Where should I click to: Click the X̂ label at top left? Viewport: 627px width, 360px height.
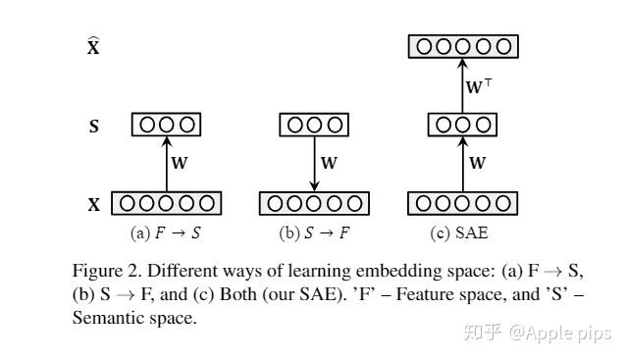pos(93,46)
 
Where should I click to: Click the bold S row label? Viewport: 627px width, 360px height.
pos(94,127)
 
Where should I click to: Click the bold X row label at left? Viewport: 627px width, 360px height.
pos(94,205)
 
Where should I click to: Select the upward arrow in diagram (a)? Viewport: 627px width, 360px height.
pos(166,164)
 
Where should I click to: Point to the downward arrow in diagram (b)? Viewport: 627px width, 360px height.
pos(314,164)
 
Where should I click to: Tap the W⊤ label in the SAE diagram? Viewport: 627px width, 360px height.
pos(479,86)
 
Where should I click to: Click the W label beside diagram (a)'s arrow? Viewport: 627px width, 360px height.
pos(180,164)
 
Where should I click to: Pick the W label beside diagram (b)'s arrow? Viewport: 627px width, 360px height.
pos(329,164)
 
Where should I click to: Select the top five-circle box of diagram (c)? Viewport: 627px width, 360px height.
pos(462,46)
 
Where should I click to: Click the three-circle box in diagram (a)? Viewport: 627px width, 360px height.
pos(166,126)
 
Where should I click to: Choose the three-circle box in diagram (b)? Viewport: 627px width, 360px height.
pos(314,126)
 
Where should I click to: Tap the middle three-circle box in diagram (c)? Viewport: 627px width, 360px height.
pos(462,126)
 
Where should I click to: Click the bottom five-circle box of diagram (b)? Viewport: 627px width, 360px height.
pos(314,204)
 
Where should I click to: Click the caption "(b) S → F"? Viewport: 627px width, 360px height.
pos(314,233)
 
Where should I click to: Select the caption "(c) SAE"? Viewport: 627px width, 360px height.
pos(459,233)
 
